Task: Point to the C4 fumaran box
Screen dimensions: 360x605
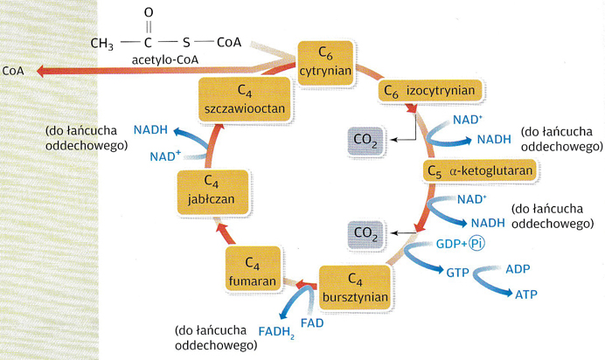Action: tap(254, 271)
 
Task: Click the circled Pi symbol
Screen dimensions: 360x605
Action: tap(476, 244)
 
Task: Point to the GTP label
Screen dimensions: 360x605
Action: tap(458, 273)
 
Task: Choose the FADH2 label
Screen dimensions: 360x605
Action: tap(275, 330)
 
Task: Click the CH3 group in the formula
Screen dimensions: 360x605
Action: tap(102, 41)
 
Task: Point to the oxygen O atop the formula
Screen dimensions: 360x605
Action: tap(149, 12)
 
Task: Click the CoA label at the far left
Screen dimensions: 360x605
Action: tap(13, 70)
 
